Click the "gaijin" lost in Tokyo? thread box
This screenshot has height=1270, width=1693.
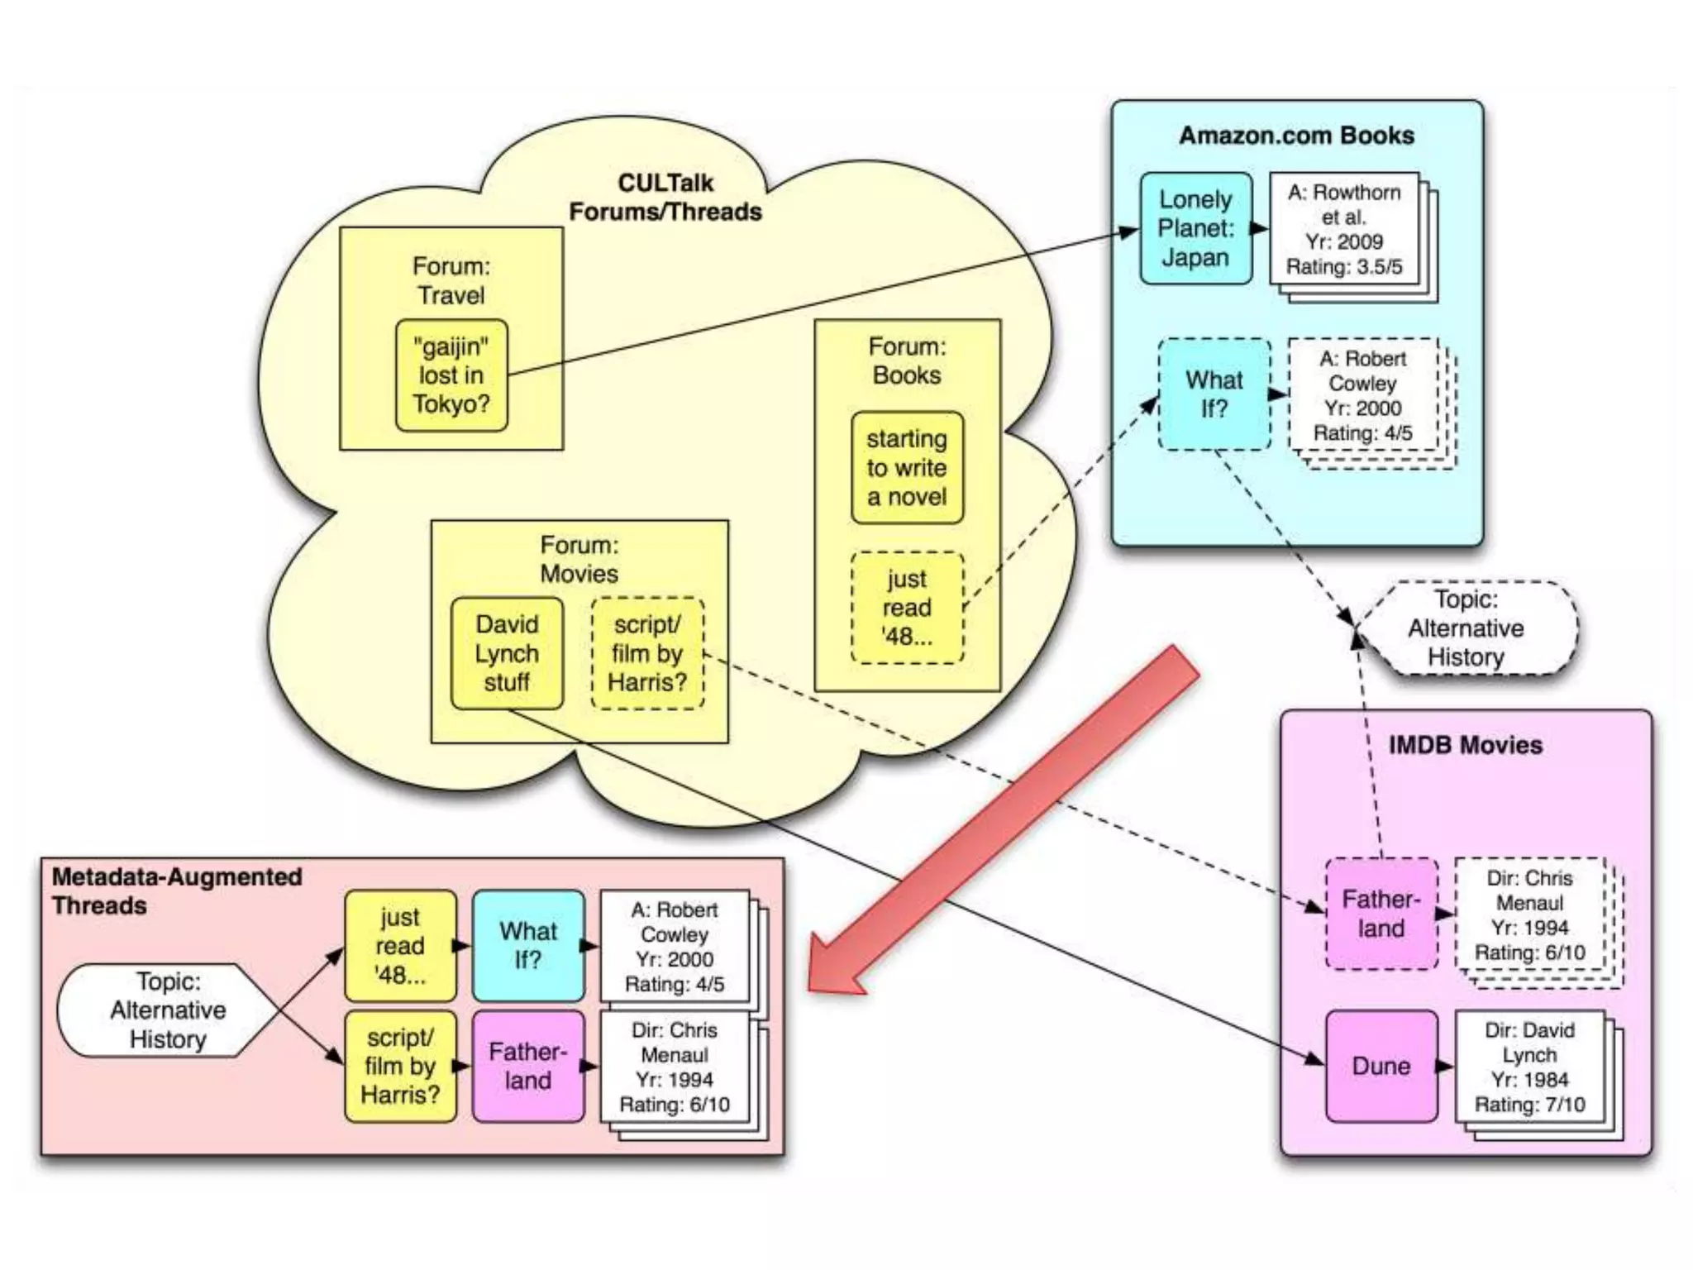(451, 375)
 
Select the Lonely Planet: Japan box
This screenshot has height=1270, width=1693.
(1195, 228)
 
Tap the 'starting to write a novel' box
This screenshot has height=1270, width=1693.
(907, 468)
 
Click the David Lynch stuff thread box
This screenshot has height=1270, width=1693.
(507, 653)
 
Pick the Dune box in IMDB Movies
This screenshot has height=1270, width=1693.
(1381, 1066)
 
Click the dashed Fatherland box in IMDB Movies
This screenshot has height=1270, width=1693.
(1381, 914)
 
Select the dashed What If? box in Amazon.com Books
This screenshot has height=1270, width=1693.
(1214, 394)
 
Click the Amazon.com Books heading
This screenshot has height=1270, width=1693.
(1296, 136)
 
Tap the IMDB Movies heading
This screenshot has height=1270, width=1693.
(1465, 745)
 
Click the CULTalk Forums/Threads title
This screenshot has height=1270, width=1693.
(665, 198)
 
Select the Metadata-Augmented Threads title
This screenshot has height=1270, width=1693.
(177, 890)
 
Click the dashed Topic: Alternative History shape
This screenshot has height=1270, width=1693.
(1466, 628)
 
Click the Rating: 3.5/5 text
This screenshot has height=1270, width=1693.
(1344, 267)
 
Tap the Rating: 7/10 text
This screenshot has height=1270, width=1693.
(1529, 1105)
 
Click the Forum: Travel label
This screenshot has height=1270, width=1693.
(451, 281)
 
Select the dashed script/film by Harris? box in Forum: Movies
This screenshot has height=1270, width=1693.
(647, 653)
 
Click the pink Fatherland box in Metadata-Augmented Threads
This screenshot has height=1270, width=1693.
(527, 1066)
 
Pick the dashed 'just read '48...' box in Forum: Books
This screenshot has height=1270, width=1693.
(907, 608)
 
